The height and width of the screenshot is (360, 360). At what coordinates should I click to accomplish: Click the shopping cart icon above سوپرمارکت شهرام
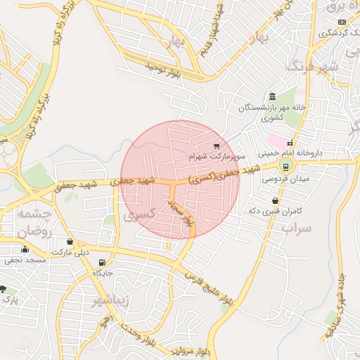coord(217,146)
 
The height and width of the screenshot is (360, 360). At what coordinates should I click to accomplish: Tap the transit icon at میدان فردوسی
coord(285,166)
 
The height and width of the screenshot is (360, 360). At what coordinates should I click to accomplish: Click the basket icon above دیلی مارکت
coord(70,241)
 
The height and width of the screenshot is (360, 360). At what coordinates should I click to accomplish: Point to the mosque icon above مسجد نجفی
coord(25,249)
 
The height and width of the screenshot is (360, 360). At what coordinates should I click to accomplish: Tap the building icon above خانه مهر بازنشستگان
coord(271,97)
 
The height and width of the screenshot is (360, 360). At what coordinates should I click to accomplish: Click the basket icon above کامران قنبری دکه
coord(274,200)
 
